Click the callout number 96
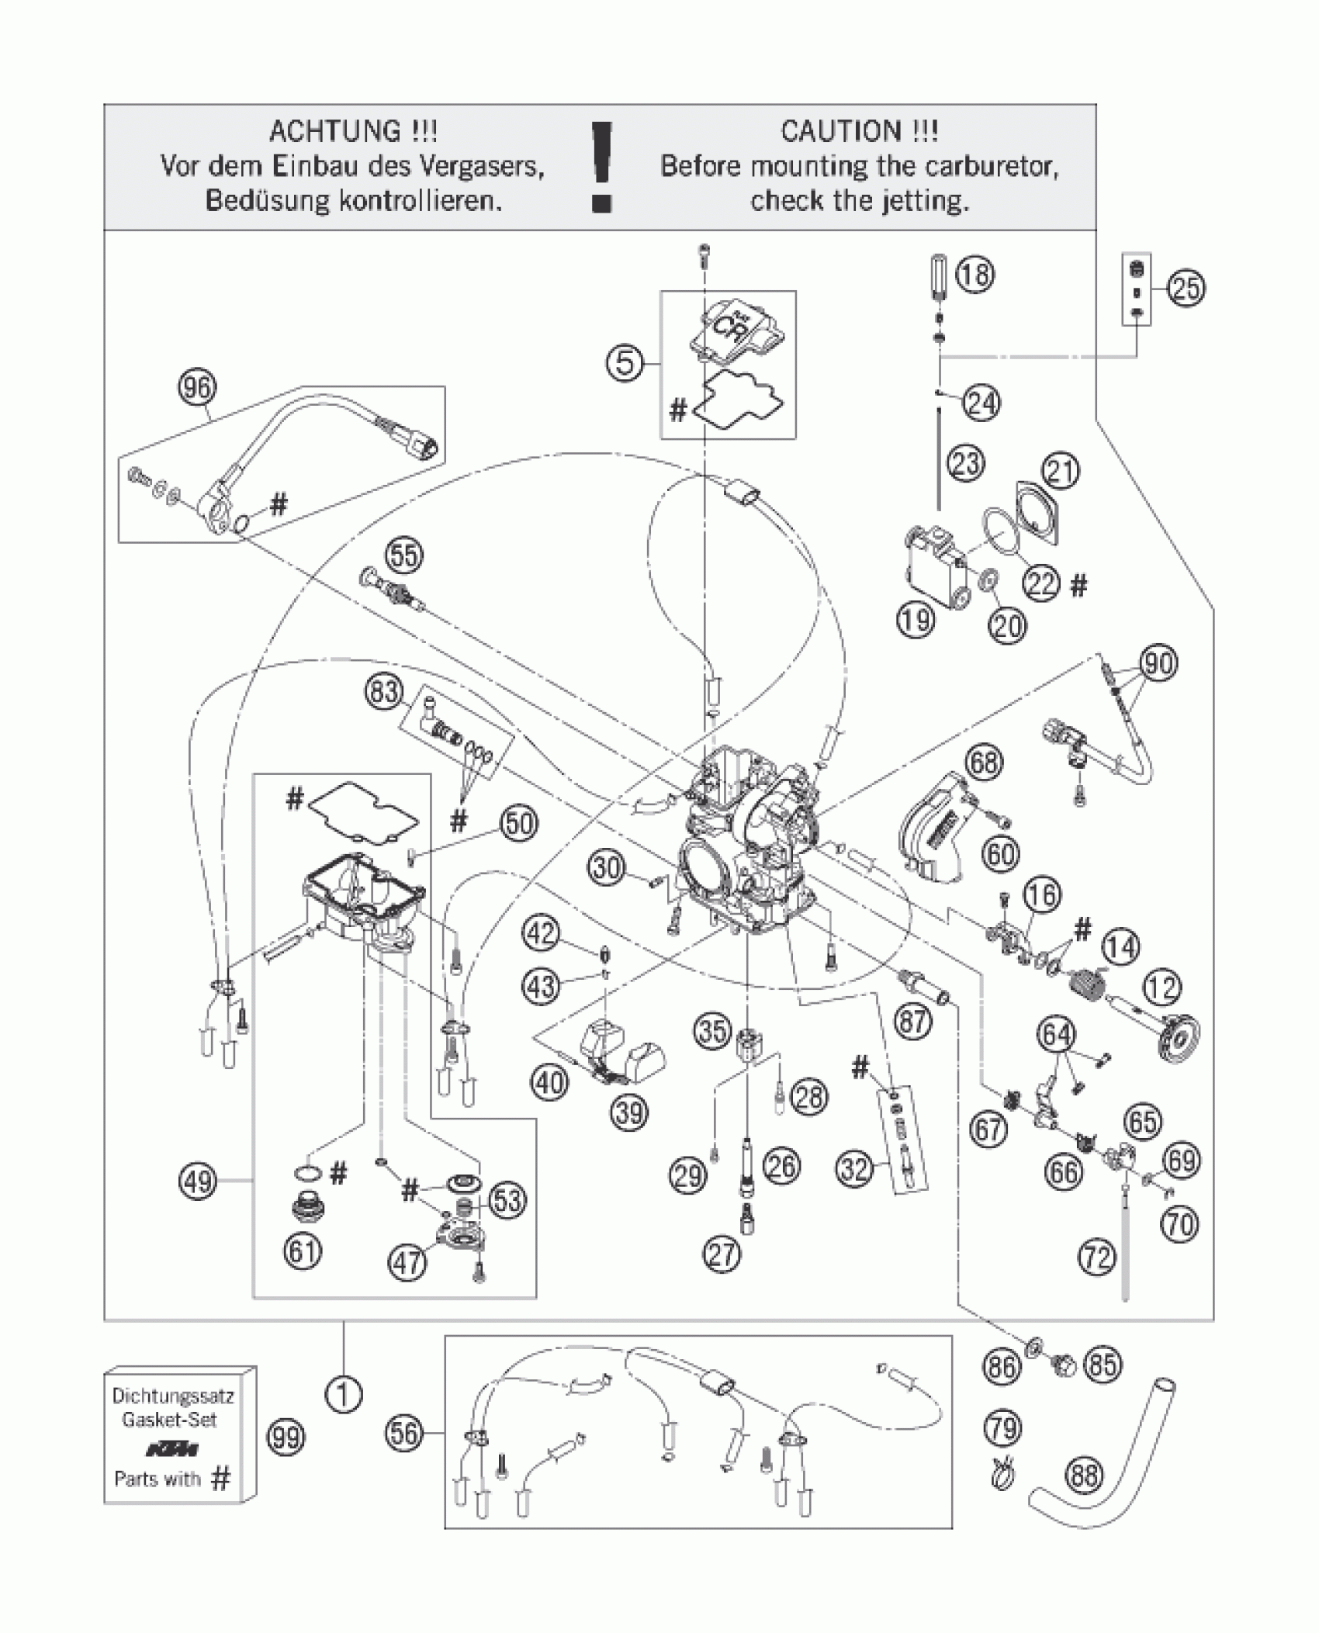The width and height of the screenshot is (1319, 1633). point(197,387)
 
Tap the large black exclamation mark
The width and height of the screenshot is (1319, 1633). point(601,167)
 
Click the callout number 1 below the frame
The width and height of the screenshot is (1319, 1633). point(344,1396)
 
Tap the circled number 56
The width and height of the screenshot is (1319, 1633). point(405,1434)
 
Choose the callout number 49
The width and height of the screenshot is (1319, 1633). point(198,1182)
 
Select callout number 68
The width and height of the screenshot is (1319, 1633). point(984,763)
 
